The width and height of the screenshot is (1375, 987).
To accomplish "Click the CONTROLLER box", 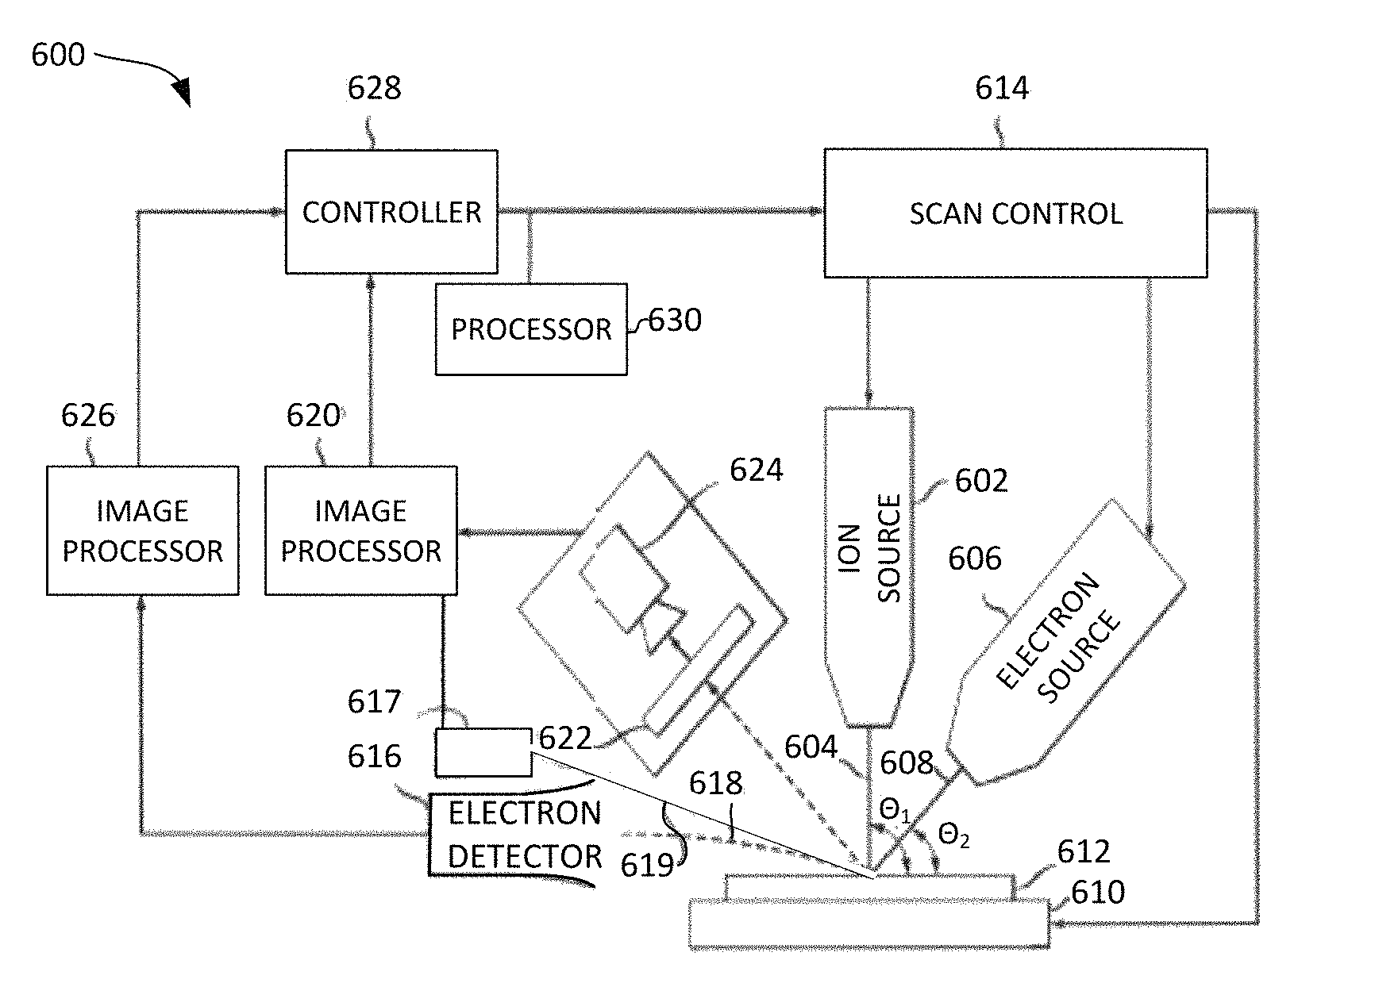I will point(391,212).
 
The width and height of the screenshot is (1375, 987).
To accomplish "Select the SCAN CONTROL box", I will point(1015,213).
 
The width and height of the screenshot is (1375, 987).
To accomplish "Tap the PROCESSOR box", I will point(530,329).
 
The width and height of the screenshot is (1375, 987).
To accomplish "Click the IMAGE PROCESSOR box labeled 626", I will point(142,530).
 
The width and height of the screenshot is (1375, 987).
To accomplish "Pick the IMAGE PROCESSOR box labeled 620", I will point(360,530).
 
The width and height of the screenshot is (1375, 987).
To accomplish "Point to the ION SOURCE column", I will point(869,555).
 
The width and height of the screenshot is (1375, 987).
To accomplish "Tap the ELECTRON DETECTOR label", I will point(524,835).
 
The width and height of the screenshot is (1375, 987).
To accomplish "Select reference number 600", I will point(58,55).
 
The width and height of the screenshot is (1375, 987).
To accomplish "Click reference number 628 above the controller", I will point(374,88).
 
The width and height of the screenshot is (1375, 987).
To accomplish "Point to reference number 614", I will point(1002,88).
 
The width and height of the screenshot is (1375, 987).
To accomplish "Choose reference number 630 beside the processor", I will point(675,321).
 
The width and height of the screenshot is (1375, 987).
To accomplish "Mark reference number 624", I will point(756,470).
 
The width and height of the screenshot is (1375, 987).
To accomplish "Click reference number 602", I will point(981,481).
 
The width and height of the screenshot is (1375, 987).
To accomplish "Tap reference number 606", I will point(975,559).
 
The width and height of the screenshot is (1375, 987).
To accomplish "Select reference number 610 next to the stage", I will point(1098,893).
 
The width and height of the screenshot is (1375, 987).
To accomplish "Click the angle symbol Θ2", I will point(953,835).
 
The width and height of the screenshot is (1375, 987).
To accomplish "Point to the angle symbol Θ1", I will point(895,810).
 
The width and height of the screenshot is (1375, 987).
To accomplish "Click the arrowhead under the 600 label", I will point(182,91).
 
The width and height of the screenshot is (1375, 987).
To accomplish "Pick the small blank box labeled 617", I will point(483,752).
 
